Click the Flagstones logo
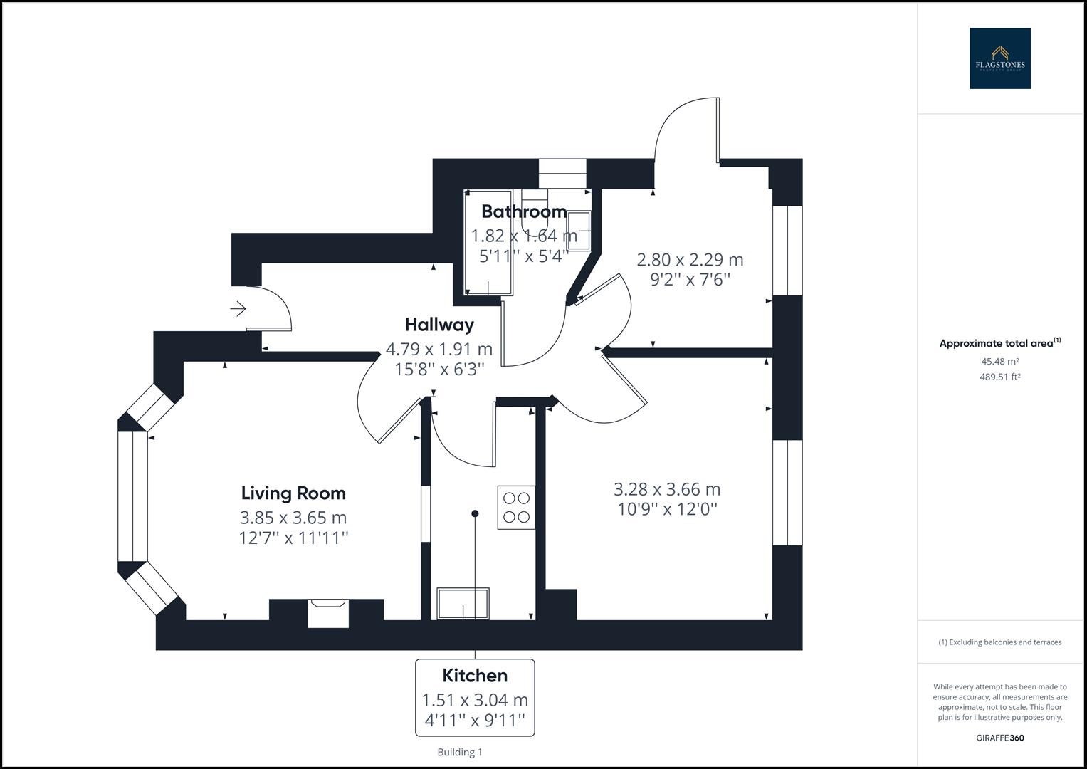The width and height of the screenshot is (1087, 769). click(x=999, y=58)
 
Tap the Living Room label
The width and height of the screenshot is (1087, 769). click(x=293, y=493)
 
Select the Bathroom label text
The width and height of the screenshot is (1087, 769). click(x=524, y=211)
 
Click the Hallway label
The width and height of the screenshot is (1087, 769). click(x=439, y=325)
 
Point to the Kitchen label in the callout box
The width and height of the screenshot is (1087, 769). click(x=475, y=675)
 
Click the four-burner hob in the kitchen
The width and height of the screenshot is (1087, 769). click(x=516, y=507)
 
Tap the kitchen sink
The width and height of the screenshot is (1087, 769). click(x=463, y=604)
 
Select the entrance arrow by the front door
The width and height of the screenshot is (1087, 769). click(x=238, y=308)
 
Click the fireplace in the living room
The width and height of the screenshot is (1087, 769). click(x=328, y=612)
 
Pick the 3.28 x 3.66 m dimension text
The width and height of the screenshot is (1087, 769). click(x=667, y=489)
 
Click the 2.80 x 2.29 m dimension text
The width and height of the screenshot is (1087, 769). click(x=690, y=259)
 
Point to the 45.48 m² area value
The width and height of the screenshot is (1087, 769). click(x=999, y=361)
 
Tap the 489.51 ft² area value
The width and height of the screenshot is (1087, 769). click(x=999, y=377)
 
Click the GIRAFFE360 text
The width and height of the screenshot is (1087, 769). click(x=999, y=738)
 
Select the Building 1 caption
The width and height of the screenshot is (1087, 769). click(x=460, y=752)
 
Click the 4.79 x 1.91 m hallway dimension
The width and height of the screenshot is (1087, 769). click(x=439, y=349)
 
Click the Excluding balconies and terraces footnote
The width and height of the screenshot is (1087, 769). click(x=999, y=642)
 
